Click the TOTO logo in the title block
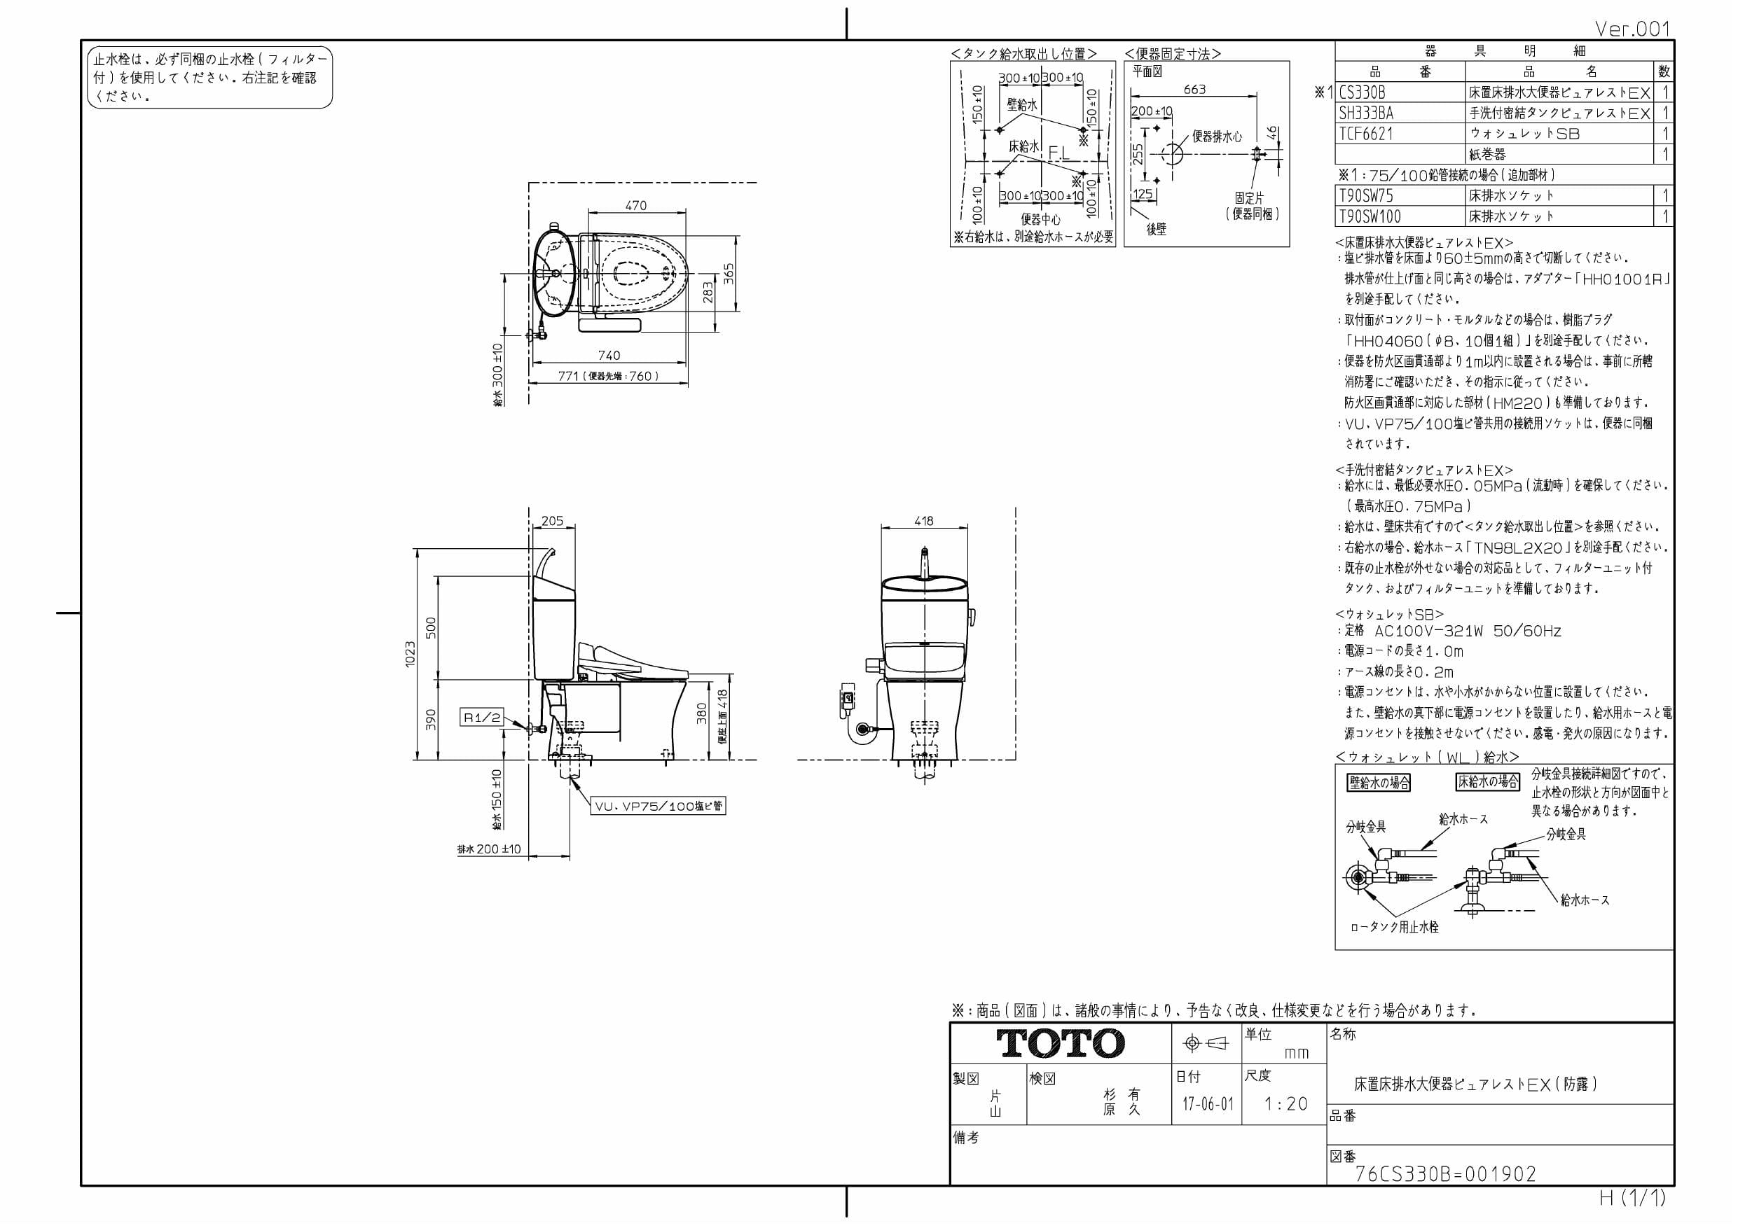coord(1060,1043)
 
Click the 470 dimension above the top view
coord(636,205)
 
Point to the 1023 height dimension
coord(410,654)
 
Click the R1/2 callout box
coord(482,718)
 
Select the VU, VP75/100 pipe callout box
coord(658,806)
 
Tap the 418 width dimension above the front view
coord(923,521)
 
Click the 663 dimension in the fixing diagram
coord(1194,90)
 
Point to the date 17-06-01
coord(1208,1104)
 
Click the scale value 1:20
coord(1286,1104)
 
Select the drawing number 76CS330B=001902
coord(1445,1173)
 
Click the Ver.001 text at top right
coord(1632,29)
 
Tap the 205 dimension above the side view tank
coord(552,521)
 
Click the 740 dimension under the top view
coord(609,355)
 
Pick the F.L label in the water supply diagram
coord(1059,153)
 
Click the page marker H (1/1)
coord(1632,1199)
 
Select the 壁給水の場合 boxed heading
coord(1379,782)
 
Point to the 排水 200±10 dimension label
coord(489,849)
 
